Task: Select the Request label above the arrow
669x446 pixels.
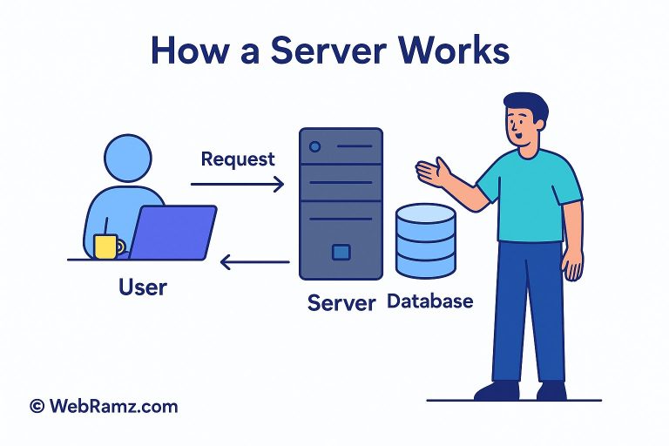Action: pos(237,159)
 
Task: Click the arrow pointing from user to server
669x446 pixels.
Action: pos(237,184)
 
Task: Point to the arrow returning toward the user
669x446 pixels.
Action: pos(254,260)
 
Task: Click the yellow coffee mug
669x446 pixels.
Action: pos(106,246)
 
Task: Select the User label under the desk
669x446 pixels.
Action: pos(143,285)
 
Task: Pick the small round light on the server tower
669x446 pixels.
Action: pos(315,147)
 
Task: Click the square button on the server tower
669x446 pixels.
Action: pos(341,253)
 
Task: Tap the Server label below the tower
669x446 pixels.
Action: pos(341,303)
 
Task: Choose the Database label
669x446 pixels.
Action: pos(429,301)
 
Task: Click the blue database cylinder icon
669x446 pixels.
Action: pos(425,242)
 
